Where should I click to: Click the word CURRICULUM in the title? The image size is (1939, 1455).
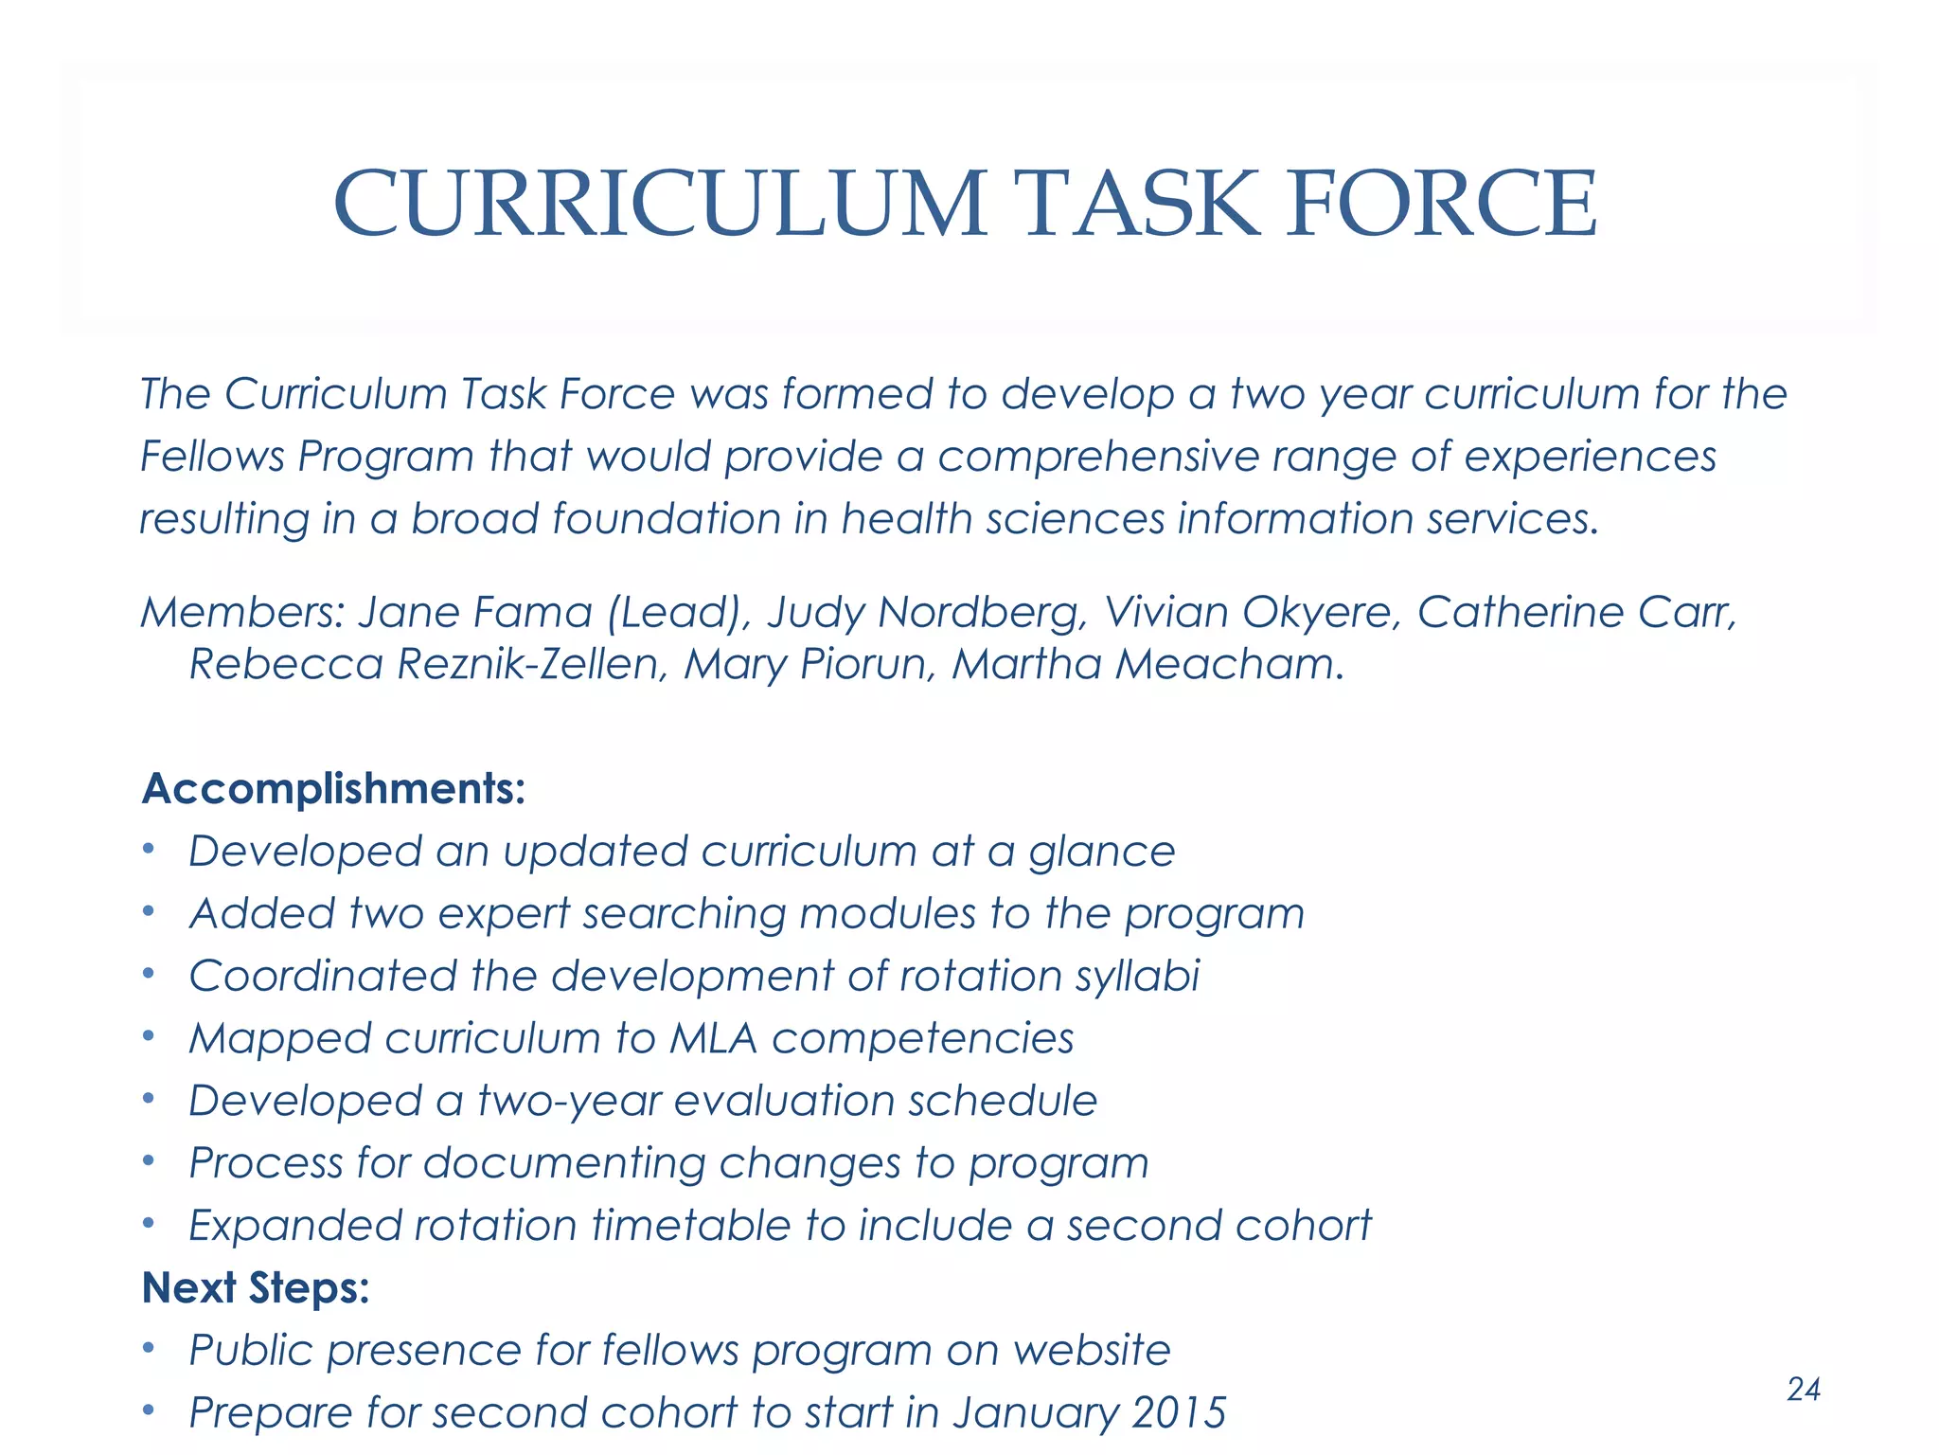(x=660, y=204)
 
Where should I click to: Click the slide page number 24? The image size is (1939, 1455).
(x=1803, y=1389)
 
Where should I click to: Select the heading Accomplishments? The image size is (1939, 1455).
(x=333, y=788)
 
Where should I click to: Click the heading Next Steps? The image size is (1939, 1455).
(x=255, y=1287)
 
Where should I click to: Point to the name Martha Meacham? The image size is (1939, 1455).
(x=1147, y=664)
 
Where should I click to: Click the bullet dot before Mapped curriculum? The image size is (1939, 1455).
(x=148, y=1036)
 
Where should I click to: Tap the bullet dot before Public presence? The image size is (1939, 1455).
(x=148, y=1348)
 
